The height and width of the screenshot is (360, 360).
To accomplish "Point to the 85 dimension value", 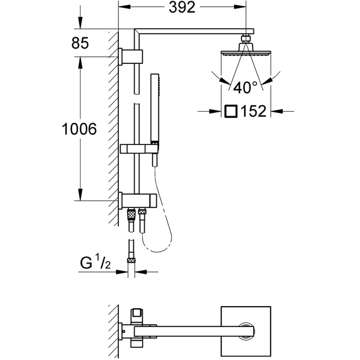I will click(x=80, y=44).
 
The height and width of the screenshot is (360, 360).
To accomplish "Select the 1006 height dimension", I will click(x=80, y=130).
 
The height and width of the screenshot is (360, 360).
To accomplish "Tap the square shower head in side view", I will click(x=246, y=53).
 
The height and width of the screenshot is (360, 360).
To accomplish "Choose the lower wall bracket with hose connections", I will click(x=137, y=199).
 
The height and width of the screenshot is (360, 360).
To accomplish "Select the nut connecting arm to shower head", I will click(x=246, y=39).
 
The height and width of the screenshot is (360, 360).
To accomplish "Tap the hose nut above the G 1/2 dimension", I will click(x=131, y=259).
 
